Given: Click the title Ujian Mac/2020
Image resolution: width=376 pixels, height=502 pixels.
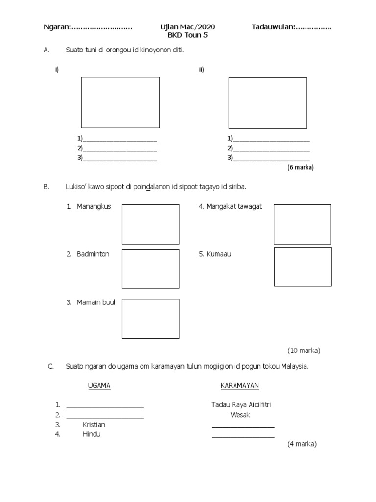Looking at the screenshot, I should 188,27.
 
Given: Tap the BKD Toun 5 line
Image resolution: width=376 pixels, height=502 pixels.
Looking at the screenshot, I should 188,35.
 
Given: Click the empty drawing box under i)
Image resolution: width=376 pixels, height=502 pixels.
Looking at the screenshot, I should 120,102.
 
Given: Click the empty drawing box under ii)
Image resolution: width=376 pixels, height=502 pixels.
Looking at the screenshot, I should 268,103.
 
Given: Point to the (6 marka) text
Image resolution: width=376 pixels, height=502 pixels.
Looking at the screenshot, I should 300,167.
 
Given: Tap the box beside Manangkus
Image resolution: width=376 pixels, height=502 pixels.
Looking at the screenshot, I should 150,224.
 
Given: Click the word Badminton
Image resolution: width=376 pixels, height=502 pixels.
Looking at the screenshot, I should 93,254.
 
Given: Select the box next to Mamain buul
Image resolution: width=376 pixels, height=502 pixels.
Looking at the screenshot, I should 150,319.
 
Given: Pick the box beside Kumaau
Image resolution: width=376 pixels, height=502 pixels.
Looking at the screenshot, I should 303,266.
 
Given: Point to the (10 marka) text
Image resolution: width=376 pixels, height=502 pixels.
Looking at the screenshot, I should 304,351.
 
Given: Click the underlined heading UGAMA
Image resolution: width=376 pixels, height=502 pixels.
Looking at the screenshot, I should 99,386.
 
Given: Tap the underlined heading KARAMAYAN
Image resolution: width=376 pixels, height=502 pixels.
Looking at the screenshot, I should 240,386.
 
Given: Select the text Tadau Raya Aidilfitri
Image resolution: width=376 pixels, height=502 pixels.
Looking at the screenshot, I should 241,405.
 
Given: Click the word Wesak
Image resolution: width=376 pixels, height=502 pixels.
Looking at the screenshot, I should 240,415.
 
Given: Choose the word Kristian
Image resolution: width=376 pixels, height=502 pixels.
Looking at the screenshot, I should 94,425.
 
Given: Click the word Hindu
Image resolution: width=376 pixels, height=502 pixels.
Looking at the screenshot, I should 92,434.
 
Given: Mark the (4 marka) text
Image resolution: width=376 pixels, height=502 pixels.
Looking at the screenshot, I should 302,444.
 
